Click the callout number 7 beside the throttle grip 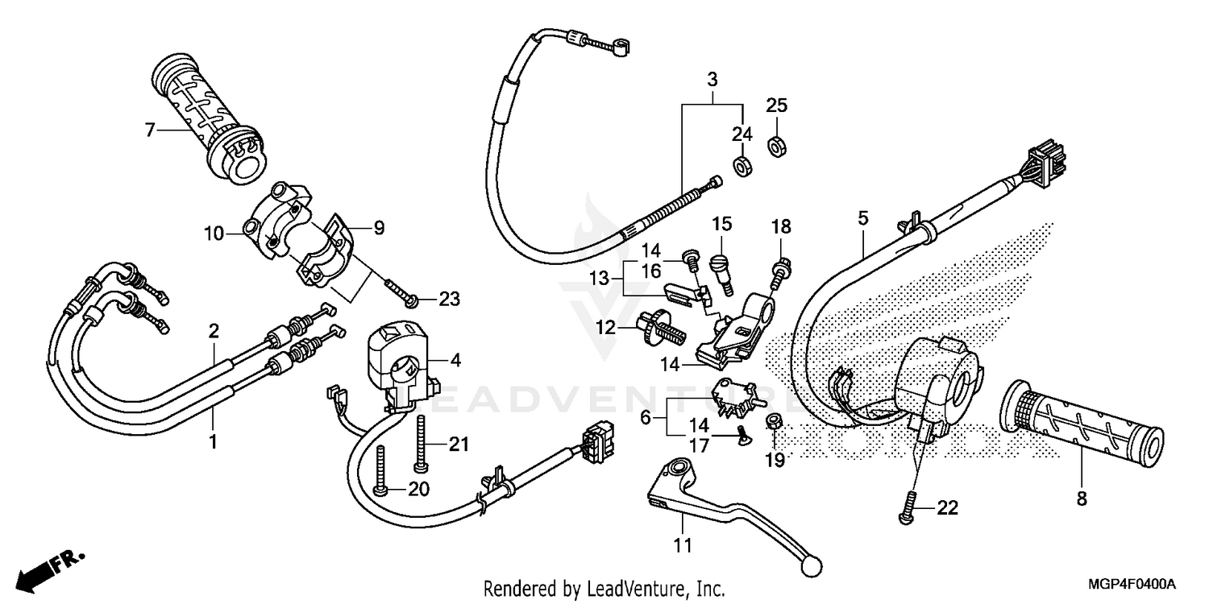tap(149, 129)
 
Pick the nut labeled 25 tap(776, 147)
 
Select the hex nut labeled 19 tap(771, 420)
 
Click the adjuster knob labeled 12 tap(657, 326)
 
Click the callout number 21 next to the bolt tap(458, 444)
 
